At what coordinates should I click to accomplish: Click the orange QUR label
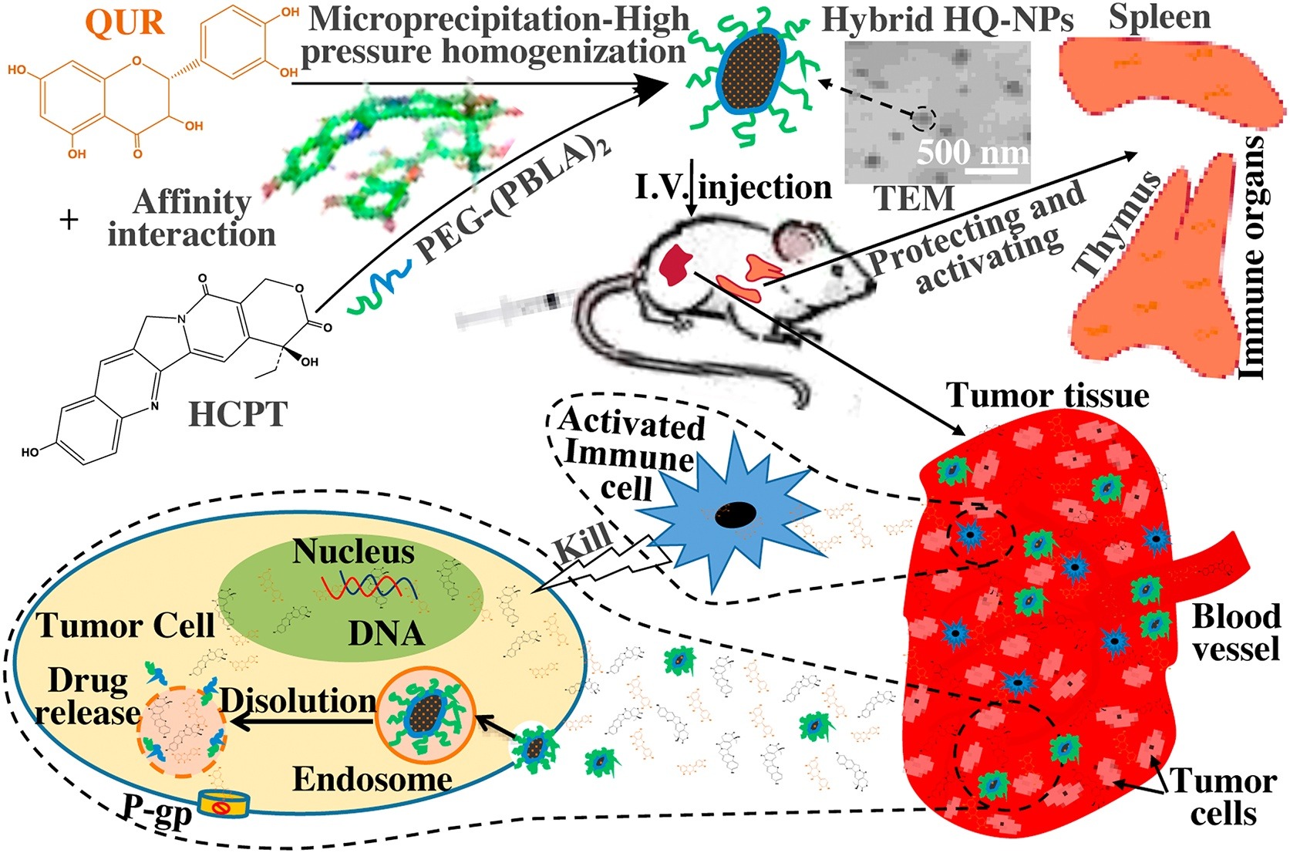[124, 22]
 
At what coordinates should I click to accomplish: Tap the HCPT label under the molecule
[237, 414]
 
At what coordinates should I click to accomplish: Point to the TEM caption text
[914, 199]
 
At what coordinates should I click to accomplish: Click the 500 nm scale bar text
[973, 152]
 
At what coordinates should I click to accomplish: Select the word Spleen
[1159, 17]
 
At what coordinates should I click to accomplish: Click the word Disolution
[298, 700]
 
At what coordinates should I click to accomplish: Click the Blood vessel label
[1236, 632]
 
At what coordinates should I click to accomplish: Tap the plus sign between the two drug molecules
[69, 220]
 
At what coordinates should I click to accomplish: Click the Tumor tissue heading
[1047, 396]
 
